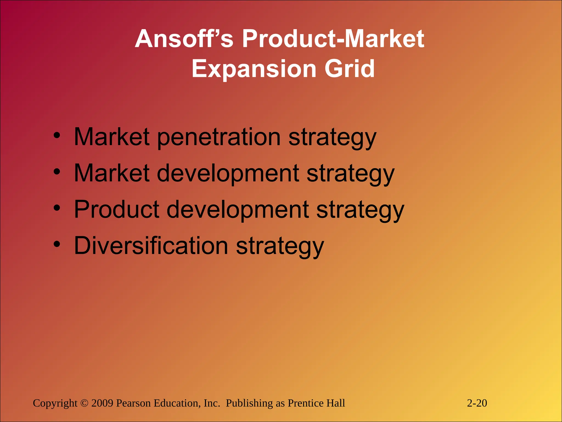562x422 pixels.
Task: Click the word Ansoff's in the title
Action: [184, 39]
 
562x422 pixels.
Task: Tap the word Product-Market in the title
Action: [333, 39]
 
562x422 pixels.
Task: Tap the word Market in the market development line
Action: [112, 173]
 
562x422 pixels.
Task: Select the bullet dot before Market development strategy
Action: [57, 172]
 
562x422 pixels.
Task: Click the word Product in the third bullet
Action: [117, 209]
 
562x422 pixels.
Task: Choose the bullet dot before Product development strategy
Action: [57, 208]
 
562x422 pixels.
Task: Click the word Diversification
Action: [151, 245]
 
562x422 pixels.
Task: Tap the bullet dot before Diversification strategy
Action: [57, 244]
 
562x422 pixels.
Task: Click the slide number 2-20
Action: [477, 403]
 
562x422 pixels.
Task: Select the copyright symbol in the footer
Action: [84, 403]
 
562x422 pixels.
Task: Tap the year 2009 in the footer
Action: [102, 403]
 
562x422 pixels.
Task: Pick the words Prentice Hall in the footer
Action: [316, 403]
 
